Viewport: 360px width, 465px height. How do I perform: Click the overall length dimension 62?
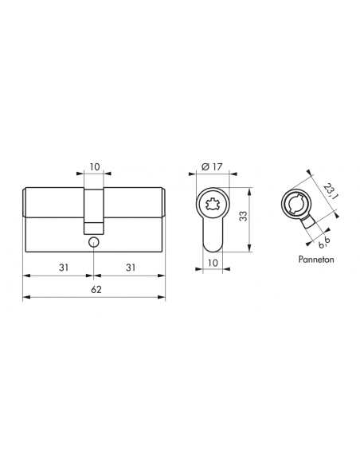[x=96, y=290]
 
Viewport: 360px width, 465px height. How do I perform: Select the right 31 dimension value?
[x=130, y=267]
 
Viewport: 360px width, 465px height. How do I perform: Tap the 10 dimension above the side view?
[x=95, y=167]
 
